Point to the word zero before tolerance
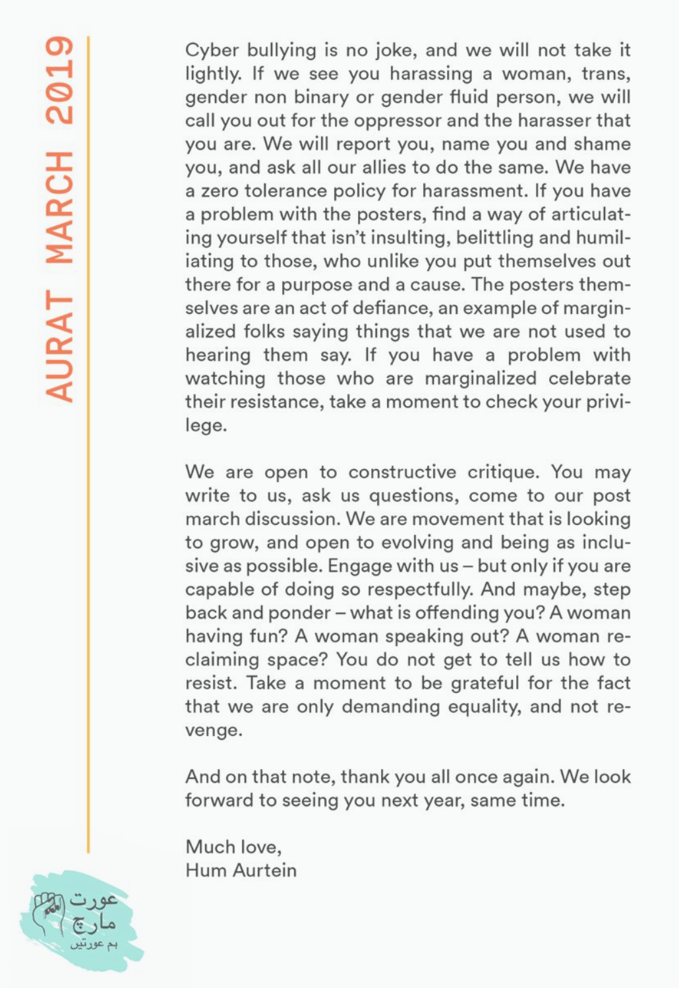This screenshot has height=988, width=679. pos(221,191)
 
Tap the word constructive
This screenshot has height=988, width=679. pos(402,472)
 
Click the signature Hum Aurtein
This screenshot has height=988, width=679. pos(241,871)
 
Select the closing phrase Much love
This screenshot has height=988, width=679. pos(233,847)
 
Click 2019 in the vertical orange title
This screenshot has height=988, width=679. pos(59,80)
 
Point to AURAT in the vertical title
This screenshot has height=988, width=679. pos(59,347)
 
